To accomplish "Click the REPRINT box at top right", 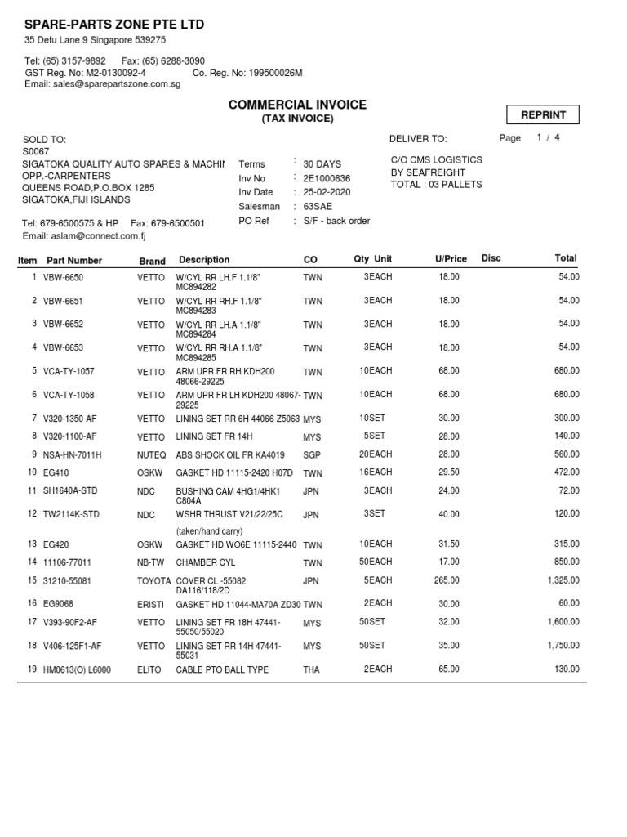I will coord(543,115).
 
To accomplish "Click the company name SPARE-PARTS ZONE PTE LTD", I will coord(114,25).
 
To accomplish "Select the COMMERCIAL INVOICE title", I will coord(297,105).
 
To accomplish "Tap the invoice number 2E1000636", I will coord(327,178).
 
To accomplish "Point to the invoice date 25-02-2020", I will coord(327,192).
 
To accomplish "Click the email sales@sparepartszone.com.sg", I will coord(103,84).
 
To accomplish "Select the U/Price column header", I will coord(451,259).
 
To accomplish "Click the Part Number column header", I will coord(74,261).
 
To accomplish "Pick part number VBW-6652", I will coord(63,325).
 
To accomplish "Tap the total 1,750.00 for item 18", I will coord(561,646).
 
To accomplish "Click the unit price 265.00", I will coord(447,580).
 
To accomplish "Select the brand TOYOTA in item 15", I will coord(154,580).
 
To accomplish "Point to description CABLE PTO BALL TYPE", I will coord(222,670).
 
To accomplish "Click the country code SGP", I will coord(312,454).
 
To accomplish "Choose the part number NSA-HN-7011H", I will coord(72,455).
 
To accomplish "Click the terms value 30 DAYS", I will coord(322,164).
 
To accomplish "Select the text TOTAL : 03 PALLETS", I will coord(437,185).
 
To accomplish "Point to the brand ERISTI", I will coord(150,604).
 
